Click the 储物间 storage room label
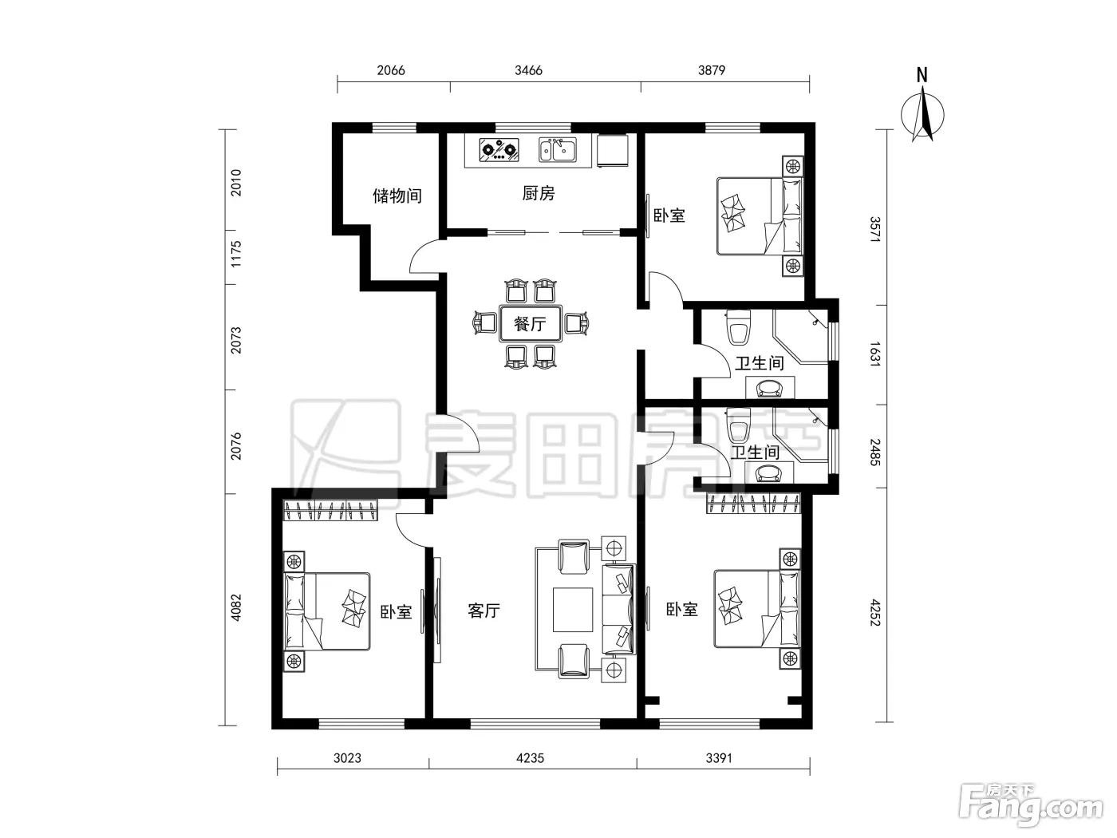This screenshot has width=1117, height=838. point(397,196)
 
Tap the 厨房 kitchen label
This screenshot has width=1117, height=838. point(538,193)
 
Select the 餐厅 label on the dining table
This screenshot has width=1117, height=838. point(530,323)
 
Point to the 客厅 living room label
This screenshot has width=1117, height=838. point(484,611)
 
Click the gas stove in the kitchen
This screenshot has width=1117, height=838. point(499,150)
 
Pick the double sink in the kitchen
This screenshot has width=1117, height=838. point(558,150)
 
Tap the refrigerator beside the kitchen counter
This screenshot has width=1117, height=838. point(612,150)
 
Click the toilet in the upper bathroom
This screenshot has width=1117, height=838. point(738,326)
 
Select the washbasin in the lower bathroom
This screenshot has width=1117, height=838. point(769,473)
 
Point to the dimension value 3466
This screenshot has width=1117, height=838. point(528,70)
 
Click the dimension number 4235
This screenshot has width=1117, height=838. point(530,758)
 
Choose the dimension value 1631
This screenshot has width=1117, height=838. point(874,354)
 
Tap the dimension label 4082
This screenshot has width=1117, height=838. point(236,608)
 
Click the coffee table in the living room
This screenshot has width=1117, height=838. point(573,610)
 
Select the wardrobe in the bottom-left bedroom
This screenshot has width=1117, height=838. point(331,510)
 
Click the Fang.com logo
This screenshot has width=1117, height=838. point(1031,805)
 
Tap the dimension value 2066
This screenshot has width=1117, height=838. point(391,70)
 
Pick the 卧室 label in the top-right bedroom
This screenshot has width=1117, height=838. point(669,215)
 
